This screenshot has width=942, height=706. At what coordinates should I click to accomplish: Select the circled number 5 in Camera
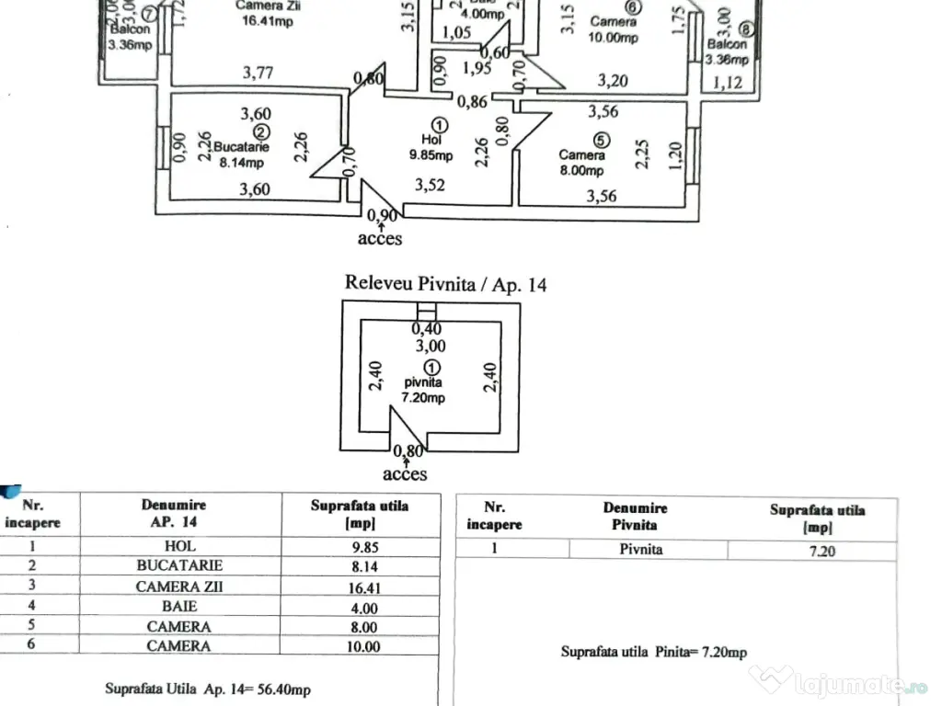pos(601,141)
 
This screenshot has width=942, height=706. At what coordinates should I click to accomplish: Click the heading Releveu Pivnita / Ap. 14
pos(445,283)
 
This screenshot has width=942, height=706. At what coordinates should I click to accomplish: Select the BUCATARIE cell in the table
pos(179,566)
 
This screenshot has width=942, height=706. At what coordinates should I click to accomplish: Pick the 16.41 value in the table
pos(360,586)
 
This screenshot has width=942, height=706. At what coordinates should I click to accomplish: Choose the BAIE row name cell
pos(179,607)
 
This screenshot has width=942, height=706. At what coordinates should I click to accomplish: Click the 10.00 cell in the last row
pos(360,646)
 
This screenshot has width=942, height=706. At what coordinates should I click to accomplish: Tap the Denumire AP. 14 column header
pos(174,513)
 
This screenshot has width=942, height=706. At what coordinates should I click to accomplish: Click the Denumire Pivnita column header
pos(636,516)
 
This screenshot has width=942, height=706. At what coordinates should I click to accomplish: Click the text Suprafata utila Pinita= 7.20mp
pos(654,652)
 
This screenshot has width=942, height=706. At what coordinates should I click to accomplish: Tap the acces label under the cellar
pos(405,474)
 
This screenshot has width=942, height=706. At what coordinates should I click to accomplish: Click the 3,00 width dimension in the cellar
pos(430,346)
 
